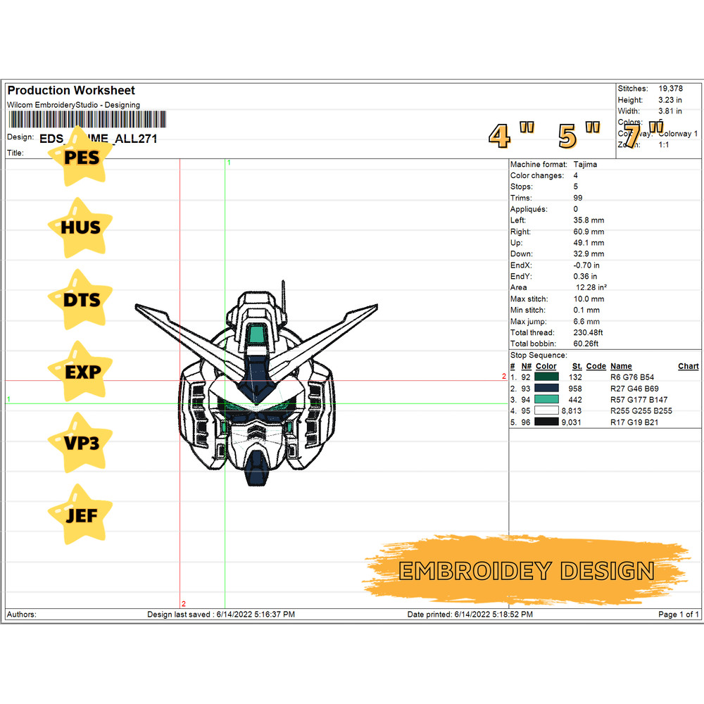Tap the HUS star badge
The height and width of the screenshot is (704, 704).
click(x=80, y=227)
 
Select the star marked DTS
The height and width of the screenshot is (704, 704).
click(x=81, y=299)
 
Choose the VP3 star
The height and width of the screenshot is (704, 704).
click(x=81, y=443)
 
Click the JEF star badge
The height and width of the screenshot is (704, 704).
click(x=81, y=515)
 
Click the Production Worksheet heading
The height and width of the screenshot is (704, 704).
click(x=71, y=90)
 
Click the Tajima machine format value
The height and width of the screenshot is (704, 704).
click(x=585, y=164)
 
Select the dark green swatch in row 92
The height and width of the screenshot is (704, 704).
click(x=546, y=377)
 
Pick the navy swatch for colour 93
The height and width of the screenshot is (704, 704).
click(x=546, y=389)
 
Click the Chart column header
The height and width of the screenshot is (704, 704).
click(x=688, y=366)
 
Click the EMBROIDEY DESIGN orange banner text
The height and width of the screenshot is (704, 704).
click(x=527, y=571)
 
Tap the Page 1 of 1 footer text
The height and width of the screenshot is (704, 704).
click(x=678, y=615)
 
